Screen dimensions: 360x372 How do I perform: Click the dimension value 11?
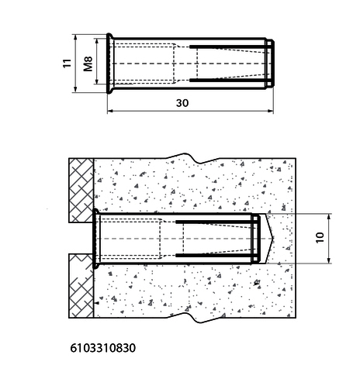[x=67, y=63]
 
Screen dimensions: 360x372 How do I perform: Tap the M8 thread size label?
[x=88, y=64]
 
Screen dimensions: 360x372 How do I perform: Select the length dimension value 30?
[x=182, y=103]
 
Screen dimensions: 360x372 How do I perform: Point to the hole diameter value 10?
[x=320, y=237]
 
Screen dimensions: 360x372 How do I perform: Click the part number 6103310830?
[x=102, y=348]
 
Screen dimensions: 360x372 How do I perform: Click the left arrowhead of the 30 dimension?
[x=110, y=111]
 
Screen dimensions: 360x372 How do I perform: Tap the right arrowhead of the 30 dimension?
[x=270, y=111]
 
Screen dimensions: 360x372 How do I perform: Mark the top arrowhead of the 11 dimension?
[x=75, y=38]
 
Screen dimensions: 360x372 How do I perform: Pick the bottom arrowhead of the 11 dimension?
[x=75, y=89]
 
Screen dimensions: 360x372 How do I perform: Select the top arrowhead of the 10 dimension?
[x=329, y=217]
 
